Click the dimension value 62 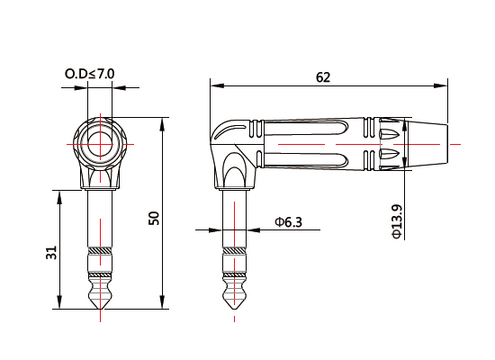(x=324, y=77)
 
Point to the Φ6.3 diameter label (x=289, y=221)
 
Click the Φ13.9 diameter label (x=397, y=220)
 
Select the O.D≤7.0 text (x=90, y=73)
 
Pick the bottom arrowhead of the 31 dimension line (x=60, y=304)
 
